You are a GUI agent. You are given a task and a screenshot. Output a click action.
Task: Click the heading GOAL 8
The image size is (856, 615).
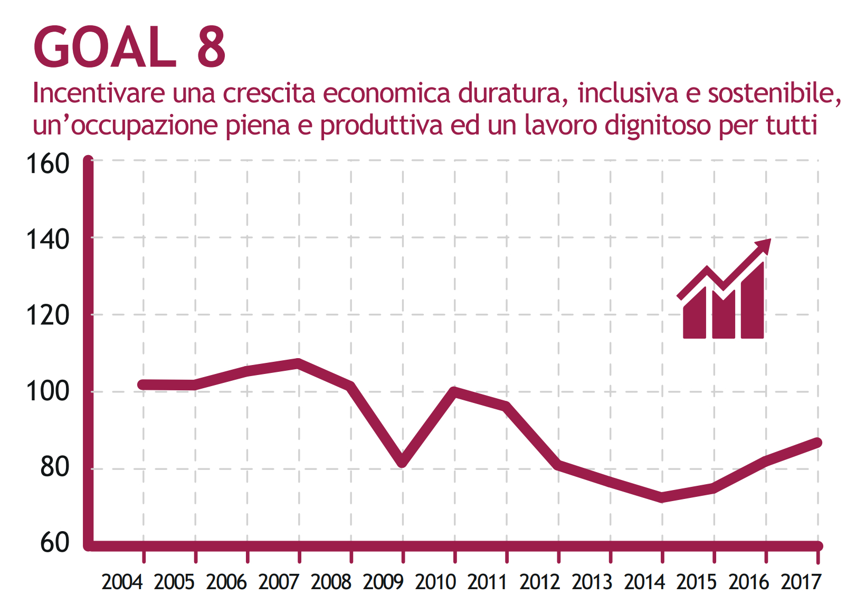click(130, 47)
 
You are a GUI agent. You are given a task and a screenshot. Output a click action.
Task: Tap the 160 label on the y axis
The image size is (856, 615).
click(47, 164)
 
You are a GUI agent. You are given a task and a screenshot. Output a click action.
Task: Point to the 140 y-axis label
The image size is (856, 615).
click(47, 240)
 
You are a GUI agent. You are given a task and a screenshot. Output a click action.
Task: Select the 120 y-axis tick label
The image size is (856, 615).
click(47, 316)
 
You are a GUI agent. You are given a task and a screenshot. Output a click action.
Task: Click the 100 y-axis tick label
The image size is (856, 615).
click(47, 392)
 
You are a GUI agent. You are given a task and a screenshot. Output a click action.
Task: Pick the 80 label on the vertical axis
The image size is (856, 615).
click(54, 468)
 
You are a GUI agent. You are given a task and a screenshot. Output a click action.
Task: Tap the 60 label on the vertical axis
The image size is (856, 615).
click(54, 543)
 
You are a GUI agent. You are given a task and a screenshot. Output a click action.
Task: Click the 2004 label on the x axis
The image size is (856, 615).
click(122, 582)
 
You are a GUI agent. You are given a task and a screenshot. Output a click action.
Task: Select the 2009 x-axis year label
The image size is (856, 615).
click(383, 582)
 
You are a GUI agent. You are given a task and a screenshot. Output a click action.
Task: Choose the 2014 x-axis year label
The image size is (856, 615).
click(644, 582)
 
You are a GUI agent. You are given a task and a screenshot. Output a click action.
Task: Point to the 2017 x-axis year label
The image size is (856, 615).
click(801, 582)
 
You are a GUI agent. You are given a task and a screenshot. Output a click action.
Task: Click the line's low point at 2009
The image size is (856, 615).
click(403, 463)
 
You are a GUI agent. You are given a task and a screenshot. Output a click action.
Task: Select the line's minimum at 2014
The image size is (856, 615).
click(662, 497)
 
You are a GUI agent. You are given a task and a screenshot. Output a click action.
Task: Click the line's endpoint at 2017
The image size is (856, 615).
click(817, 443)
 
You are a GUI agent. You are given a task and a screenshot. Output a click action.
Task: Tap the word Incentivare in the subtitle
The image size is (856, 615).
click(99, 93)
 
